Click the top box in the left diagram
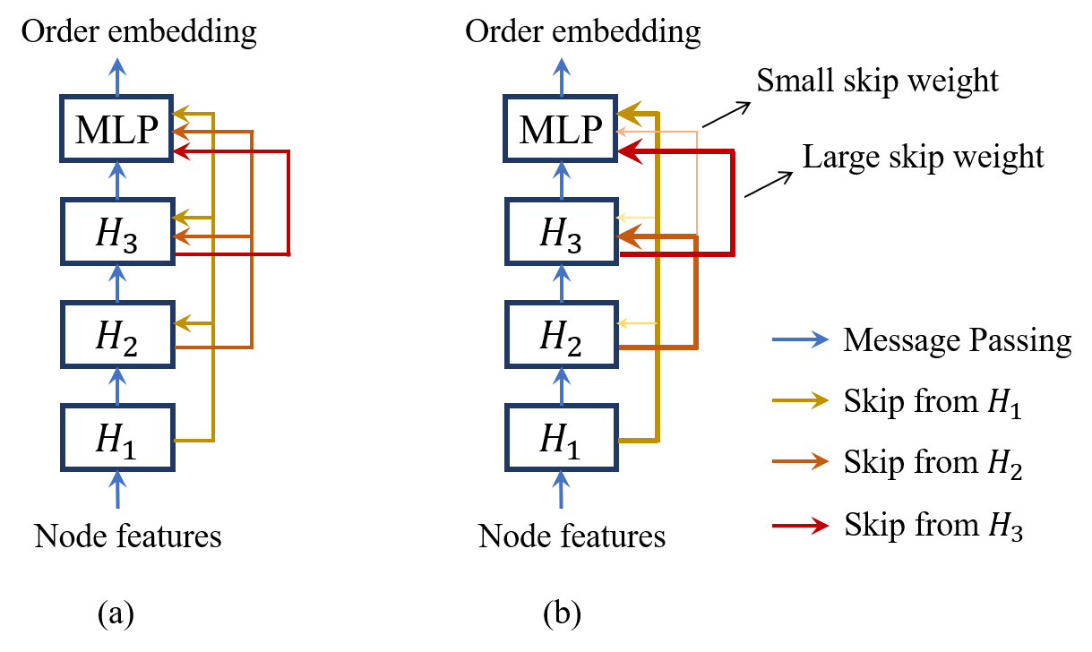coord(116,128)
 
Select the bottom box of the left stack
coord(117,437)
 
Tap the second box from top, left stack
coord(117,231)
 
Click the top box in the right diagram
coord(561,128)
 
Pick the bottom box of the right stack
coord(562,437)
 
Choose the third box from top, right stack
coord(562,334)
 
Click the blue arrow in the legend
coord(800,339)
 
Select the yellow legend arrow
coord(800,400)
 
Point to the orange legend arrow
coord(800,461)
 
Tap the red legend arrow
coord(800,526)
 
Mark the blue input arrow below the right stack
coord(562,489)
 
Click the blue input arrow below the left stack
coord(117,489)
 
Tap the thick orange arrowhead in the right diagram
coord(630,236)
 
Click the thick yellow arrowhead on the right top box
coord(630,114)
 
